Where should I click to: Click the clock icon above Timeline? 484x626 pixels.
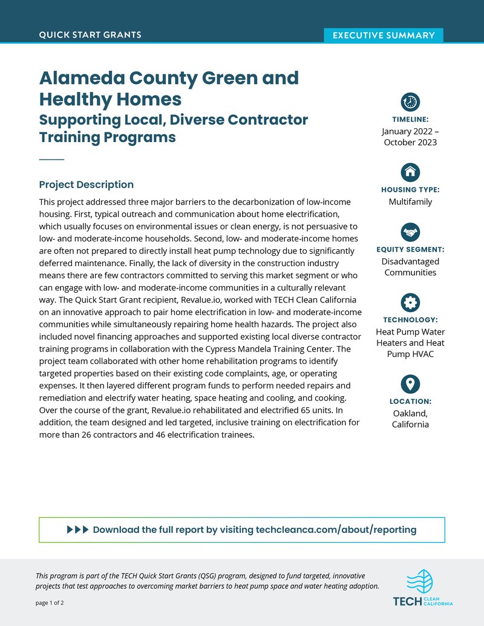[x=410, y=102]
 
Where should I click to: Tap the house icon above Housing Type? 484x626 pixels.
[x=410, y=172]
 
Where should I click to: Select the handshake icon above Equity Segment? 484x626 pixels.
[x=410, y=231]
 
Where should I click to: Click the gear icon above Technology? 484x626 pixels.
[x=410, y=302]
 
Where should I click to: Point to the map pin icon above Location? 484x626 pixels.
[x=410, y=383]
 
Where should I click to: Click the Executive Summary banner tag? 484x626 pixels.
[x=384, y=35]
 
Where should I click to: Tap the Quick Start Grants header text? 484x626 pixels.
[x=90, y=34]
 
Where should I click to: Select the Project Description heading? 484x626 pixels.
[x=86, y=184]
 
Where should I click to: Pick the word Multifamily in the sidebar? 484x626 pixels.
[x=410, y=201]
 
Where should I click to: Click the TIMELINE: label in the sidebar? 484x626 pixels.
[x=410, y=119]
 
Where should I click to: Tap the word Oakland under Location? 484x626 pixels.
[x=410, y=413]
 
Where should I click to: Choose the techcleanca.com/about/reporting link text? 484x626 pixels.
[x=336, y=530]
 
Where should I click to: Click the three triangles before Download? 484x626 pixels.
[x=77, y=530]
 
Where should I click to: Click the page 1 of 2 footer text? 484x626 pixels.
[x=50, y=603]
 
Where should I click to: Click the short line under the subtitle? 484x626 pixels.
[x=51, y=159]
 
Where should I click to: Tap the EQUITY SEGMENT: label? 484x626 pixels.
[x=410, y=249]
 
